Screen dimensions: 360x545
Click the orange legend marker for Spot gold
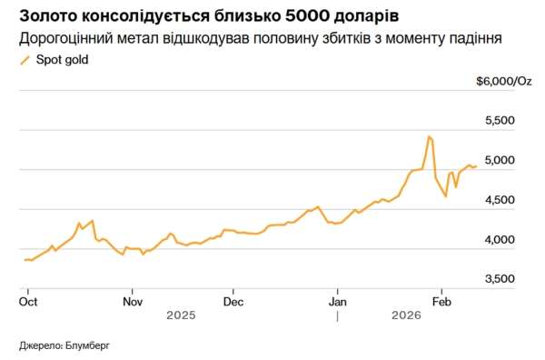24,60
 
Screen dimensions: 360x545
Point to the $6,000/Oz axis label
503,81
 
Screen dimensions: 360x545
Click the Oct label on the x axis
28,300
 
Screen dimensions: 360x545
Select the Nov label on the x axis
133,300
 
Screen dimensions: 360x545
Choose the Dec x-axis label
233,300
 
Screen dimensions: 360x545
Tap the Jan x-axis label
338,300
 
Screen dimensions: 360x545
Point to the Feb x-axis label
441,300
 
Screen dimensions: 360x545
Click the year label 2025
182,315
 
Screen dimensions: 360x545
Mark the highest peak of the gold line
428,136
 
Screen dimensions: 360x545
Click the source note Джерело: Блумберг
69,345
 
